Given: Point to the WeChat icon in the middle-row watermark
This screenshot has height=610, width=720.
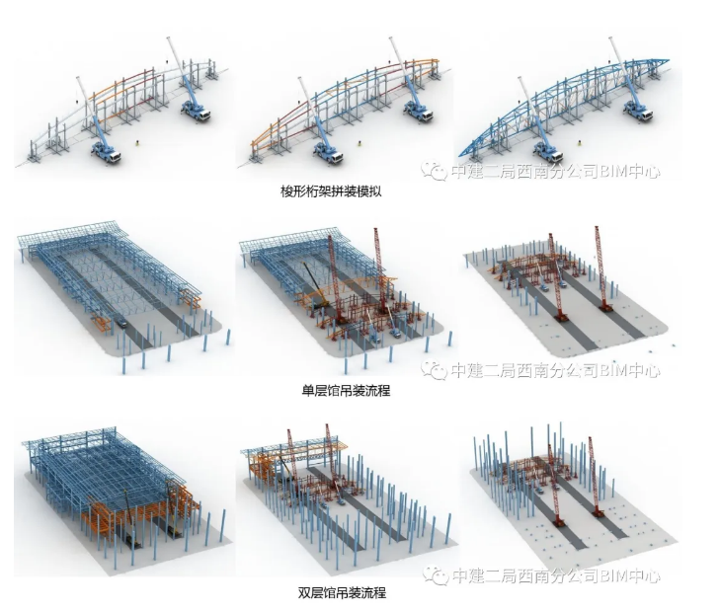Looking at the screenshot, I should pos(433,371).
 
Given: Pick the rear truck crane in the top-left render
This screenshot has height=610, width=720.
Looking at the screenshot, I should pos(195,107).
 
